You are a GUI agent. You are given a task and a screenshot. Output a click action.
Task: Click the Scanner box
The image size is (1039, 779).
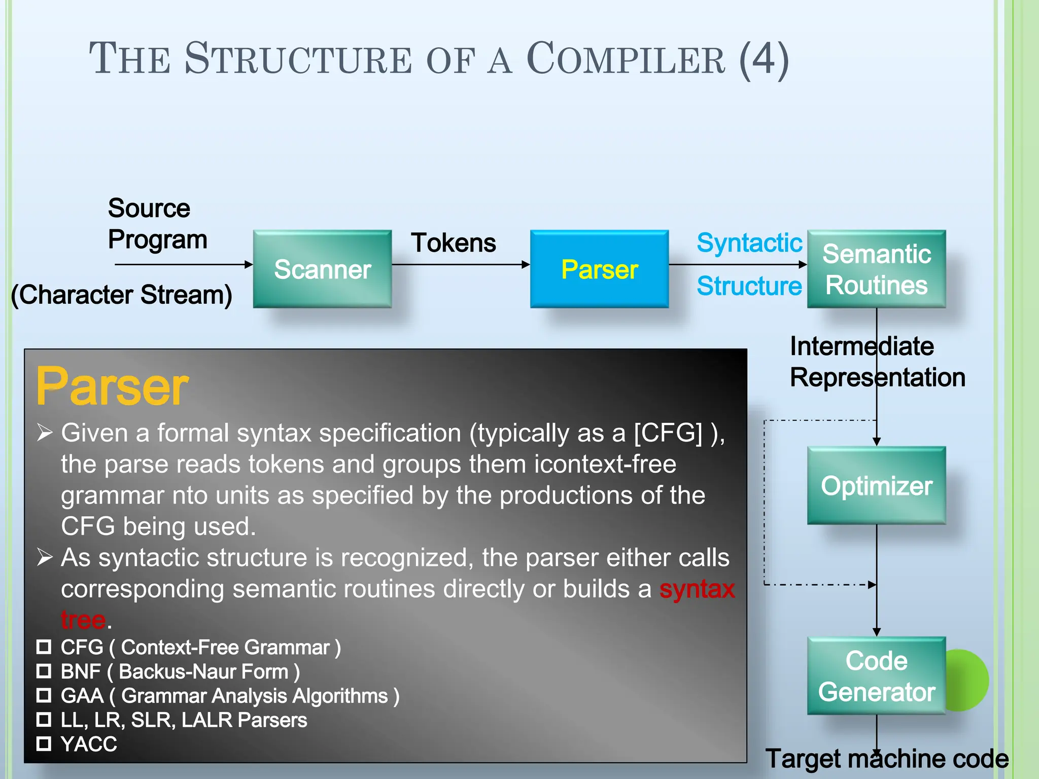click(322, 269)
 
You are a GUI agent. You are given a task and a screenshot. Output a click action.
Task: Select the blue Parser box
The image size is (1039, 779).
click(599, 269)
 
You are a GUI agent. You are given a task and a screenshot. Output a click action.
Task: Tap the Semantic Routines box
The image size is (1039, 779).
click(876, 269)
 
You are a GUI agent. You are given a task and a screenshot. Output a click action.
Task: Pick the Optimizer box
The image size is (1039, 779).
click(876, 485)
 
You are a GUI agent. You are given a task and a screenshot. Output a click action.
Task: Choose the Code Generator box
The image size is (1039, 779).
click(876, 676)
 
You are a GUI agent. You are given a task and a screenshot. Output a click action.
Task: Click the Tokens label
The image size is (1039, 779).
click(453, 243)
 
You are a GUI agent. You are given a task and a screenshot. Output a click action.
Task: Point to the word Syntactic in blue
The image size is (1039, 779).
click(749, 243)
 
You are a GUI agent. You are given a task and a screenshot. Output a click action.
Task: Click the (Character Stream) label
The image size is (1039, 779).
click(122, 295)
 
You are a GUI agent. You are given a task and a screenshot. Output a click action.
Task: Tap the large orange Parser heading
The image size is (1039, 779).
click(112, 386)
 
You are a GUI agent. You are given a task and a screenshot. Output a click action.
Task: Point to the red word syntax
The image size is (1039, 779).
click(697, 589)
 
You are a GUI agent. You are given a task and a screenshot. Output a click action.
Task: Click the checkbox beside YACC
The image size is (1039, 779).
click(44, 743)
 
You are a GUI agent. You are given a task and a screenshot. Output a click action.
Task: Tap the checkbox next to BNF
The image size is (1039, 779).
click(44, 671)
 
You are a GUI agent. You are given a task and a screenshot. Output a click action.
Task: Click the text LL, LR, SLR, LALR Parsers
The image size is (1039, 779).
click(184, 720)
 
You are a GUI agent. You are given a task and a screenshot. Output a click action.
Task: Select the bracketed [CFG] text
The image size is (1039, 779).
click(668, 433)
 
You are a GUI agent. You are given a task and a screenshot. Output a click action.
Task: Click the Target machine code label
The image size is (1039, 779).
click(886, 759)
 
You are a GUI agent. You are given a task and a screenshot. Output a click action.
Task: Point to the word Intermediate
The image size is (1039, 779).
click(861, 346)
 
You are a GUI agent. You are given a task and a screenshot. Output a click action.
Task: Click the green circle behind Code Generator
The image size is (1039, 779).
click(969, 680)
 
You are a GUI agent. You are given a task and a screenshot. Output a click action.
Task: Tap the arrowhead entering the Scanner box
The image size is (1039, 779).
click(249, 264)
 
